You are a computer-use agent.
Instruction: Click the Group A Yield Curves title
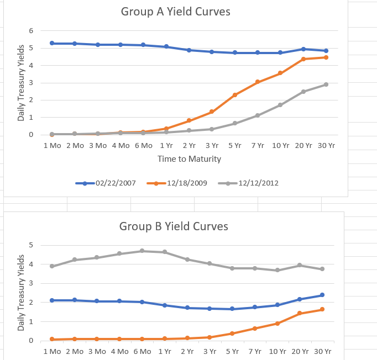[175, 12]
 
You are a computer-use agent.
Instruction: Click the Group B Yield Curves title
[174, 226]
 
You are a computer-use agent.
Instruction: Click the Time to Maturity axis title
[189, 159]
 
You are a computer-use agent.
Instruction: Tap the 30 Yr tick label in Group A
[326, 145]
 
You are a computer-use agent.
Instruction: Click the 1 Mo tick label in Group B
[52, 351]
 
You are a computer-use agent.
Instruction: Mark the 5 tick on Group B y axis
[32, 245]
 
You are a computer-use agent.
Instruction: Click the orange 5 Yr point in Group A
[235, 95]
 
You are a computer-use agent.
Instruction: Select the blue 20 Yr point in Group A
[303, 49]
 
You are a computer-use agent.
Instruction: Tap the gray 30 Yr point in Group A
[326, 84]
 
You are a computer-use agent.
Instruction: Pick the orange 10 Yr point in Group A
[280, 73]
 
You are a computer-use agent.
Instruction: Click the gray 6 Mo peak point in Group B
[142, 251]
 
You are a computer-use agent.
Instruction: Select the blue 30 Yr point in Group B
[322, 295]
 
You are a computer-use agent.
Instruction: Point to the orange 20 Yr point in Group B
[300, 313]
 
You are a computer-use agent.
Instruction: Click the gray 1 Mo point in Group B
[52, 266]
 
